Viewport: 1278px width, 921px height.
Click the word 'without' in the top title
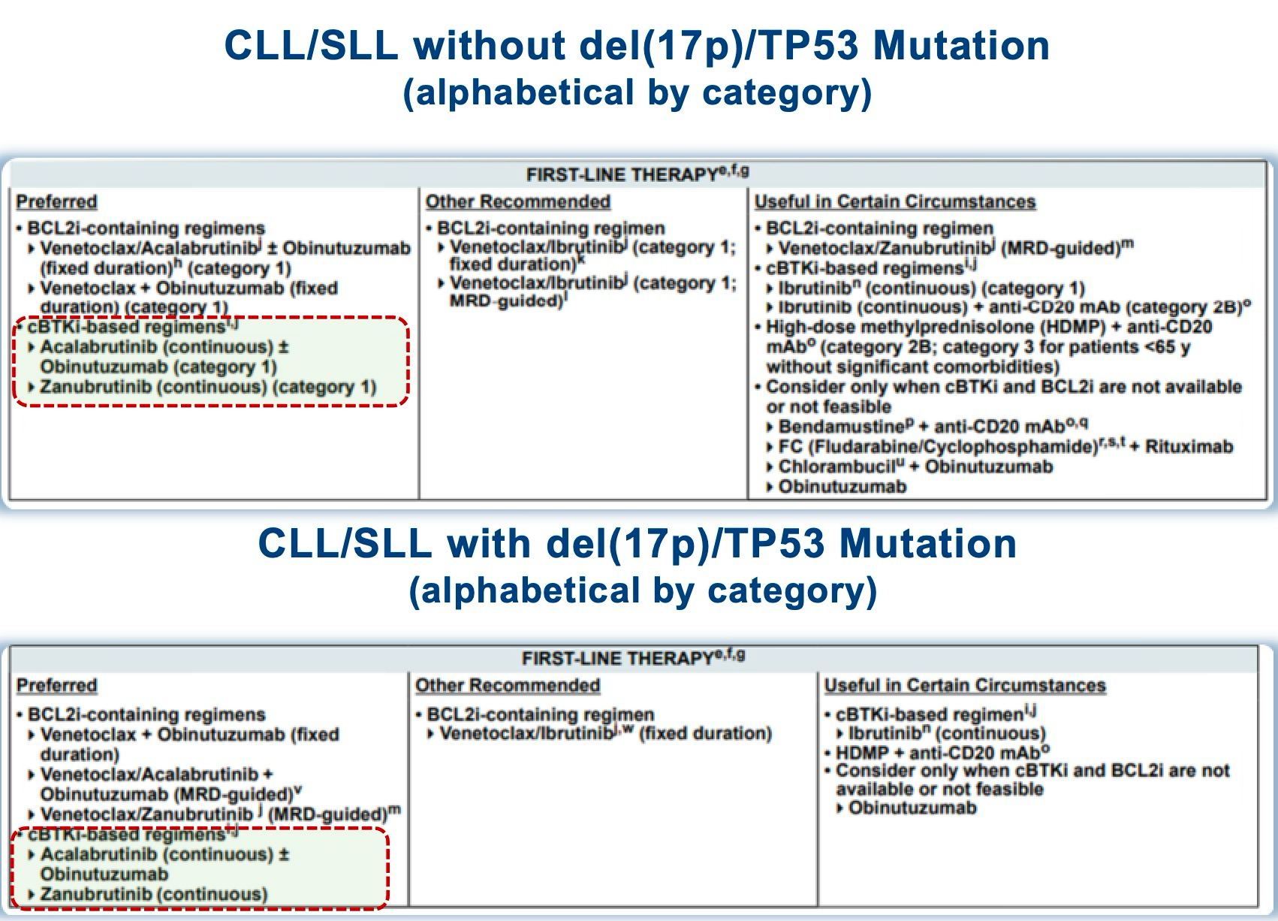490,45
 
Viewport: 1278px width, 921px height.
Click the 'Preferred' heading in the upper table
56,201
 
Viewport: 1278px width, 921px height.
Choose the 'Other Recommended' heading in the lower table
507,685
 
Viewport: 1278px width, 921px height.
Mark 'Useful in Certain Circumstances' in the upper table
894,201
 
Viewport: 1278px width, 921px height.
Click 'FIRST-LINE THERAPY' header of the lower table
616,659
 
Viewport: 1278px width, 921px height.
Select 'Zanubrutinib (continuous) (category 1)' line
208,387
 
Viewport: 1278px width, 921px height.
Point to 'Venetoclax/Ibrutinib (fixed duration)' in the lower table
605,733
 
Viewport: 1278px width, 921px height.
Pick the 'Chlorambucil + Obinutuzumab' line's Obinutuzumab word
989,467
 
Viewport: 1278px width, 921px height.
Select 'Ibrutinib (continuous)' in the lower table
947,733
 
